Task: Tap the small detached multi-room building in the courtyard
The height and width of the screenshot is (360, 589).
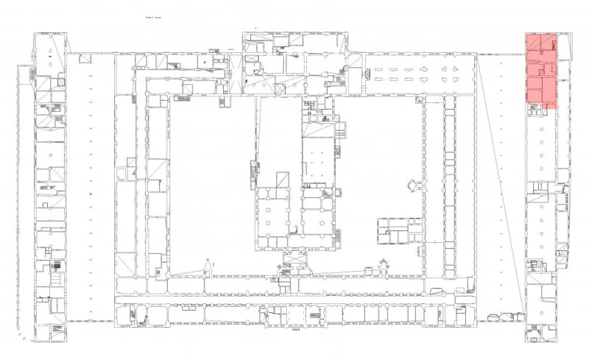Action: pos(399,230)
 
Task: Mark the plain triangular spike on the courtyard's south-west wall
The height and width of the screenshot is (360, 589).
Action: pos(208,267)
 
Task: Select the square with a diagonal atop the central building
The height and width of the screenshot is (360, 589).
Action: pos(283,180)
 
